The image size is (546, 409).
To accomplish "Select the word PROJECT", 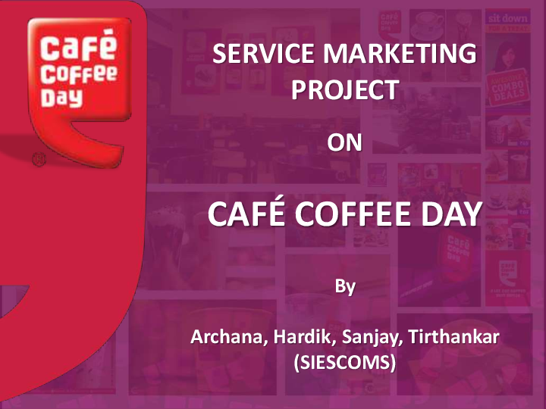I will point(345,91).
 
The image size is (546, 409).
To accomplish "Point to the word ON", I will point(345,142).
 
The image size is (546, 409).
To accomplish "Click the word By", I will point(346,287).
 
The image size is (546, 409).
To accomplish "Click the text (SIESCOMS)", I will point(345,364).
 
